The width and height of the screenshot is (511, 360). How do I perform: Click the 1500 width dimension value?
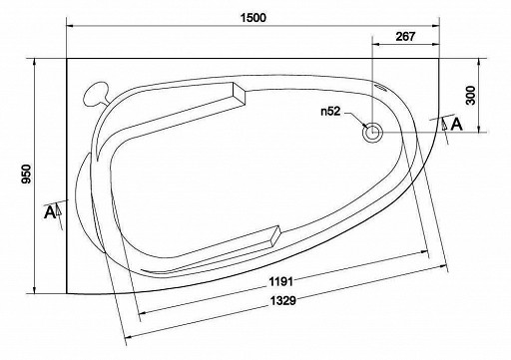(254, 18)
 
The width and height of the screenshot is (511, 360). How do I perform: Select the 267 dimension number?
(405, 36)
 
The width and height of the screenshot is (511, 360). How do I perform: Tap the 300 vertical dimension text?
(470, 95)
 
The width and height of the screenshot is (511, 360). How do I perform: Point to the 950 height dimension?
(26, 175)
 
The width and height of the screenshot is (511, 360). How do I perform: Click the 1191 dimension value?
(281, 282)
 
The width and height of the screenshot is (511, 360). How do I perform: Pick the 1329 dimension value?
(282, 300)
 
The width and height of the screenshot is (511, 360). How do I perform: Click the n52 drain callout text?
(330, 112)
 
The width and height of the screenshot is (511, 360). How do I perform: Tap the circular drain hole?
(372, 133)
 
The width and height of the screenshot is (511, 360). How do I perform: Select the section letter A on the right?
(456, 125)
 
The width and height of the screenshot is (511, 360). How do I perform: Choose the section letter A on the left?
(50, 212)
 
